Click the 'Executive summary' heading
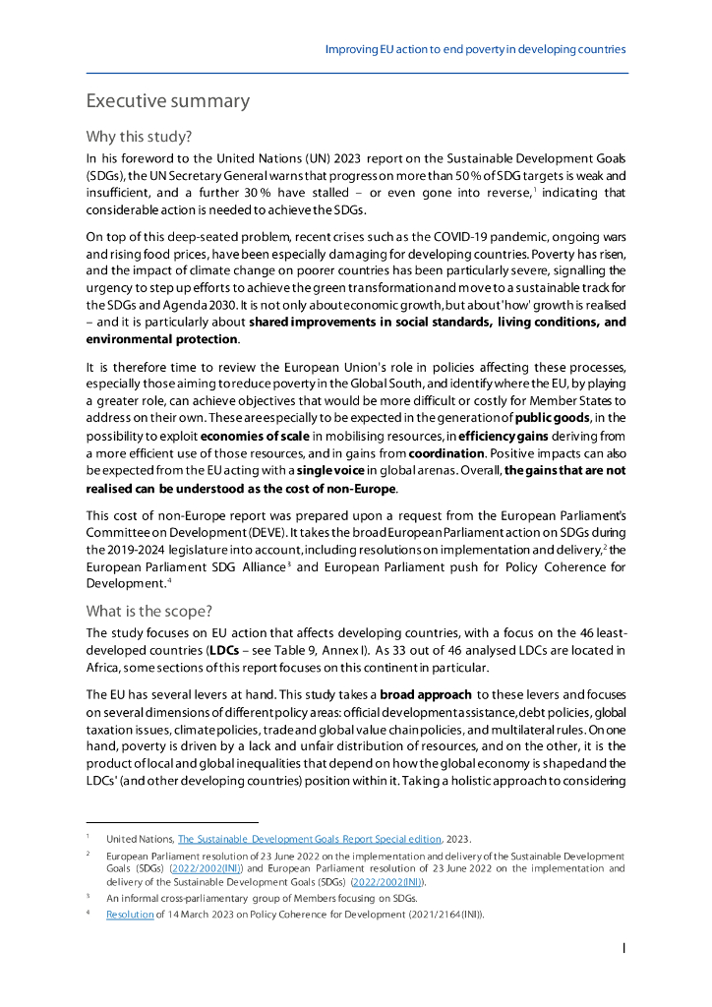(167, 101)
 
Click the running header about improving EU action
(475, 48)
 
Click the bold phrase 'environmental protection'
(161, 339)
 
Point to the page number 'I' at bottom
(623, 949)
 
